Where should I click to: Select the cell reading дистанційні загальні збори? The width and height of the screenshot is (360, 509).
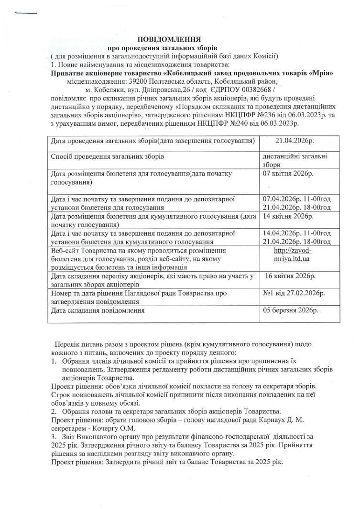point(294,160)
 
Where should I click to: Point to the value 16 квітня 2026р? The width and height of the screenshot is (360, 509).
point(290,276)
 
